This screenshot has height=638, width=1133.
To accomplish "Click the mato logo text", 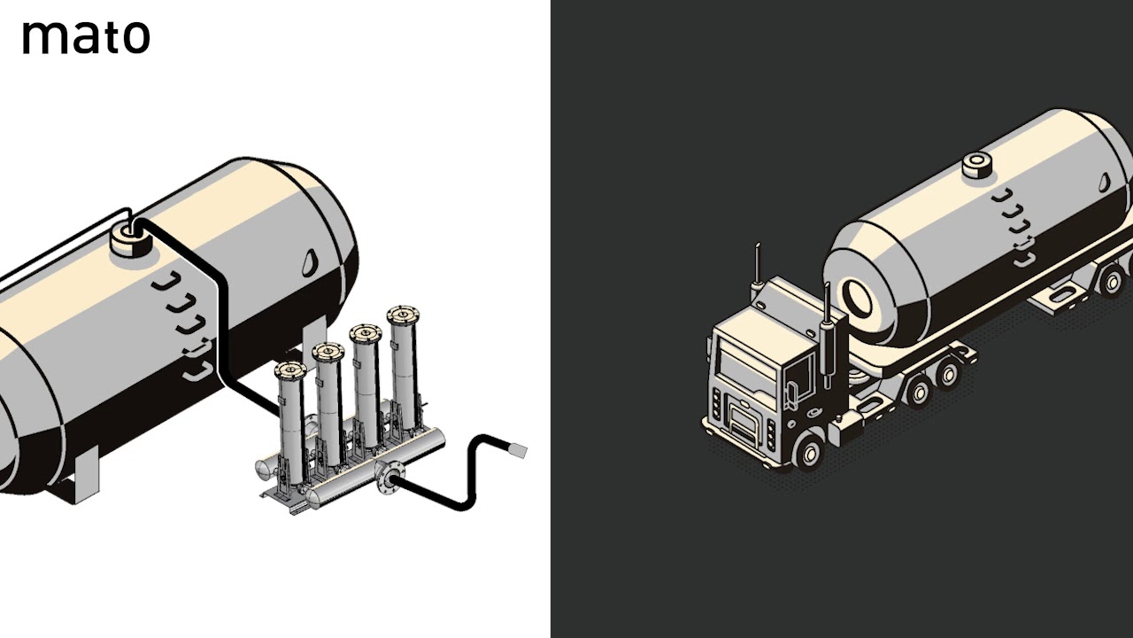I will click(x=86, y=36).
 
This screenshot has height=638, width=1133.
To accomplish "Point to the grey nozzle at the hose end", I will click(x=517, y=450).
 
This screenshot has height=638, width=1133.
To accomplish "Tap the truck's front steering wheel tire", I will click(x=807, y=453).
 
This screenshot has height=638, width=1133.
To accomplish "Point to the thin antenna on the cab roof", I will click(x=758, y=266).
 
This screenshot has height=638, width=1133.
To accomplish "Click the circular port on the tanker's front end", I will click(x=858, y=298).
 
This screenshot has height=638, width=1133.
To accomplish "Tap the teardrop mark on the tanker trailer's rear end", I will click(x=1105, y=181).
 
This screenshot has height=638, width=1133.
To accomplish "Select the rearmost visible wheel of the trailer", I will click(x=1112, y=282).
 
